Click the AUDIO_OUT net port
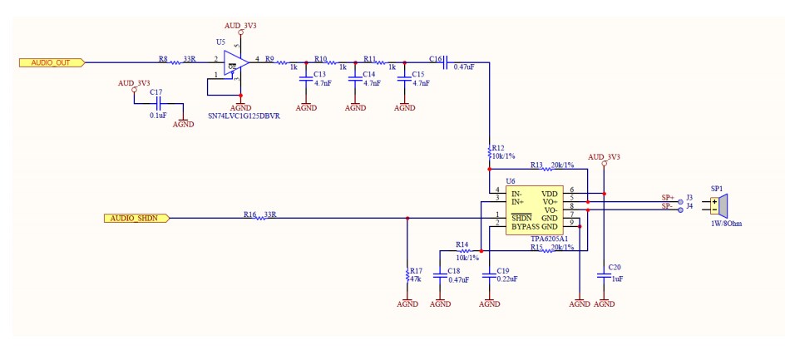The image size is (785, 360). [x=51, y=62]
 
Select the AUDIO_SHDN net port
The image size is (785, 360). [x=137, y=218]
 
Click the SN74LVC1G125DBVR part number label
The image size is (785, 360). [x=244, y=116]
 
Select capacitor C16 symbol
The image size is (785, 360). [x=446, y=62]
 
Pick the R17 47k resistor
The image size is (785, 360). [x=407, y=274]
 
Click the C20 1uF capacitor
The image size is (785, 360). [x=604, y=274]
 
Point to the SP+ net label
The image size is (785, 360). [x=667, y=197]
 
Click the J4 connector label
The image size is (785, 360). [x=689, y=206]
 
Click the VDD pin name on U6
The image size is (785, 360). [x=550, y=194]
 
